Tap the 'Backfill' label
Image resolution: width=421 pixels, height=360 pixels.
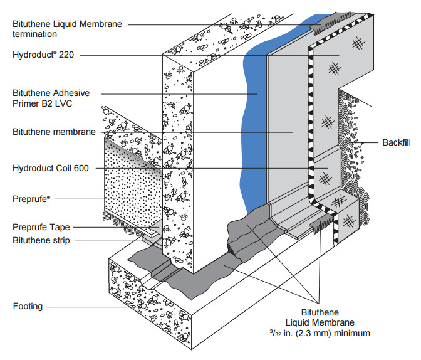point(397,142)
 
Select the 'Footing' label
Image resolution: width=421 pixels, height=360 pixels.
point(27,307)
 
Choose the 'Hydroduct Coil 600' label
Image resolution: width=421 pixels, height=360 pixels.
point(50,169)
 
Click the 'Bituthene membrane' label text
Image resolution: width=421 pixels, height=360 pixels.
point(55,132)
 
